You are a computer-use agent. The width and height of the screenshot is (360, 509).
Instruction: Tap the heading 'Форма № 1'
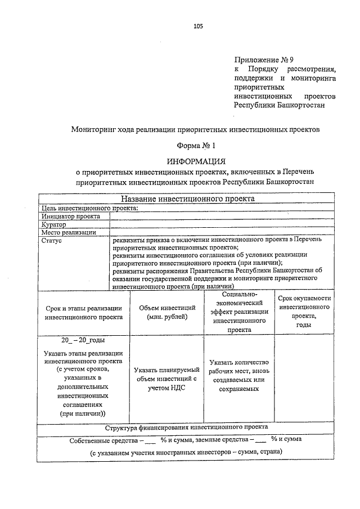[x=196, y=146]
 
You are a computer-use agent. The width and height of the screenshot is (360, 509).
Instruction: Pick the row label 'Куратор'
[x=54, y=224]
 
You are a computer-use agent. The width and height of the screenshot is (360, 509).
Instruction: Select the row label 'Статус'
[x=52, y=240]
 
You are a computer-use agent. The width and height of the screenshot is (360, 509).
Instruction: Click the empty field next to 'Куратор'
[x=223, y=224]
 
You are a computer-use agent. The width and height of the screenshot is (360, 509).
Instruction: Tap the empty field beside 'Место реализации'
[x=223, y=232]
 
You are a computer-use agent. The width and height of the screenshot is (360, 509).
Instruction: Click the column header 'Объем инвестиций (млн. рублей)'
[x=167, y=312]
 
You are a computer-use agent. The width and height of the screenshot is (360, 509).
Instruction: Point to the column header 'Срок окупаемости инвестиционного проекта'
[x=304, y=312]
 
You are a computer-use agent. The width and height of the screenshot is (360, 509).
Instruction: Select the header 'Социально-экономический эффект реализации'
[x=240, y=312]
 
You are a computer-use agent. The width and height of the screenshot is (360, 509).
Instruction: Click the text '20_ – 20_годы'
[x=83, y=340]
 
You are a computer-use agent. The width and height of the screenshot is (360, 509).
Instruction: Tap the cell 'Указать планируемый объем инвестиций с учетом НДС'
[x=167, y=379]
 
